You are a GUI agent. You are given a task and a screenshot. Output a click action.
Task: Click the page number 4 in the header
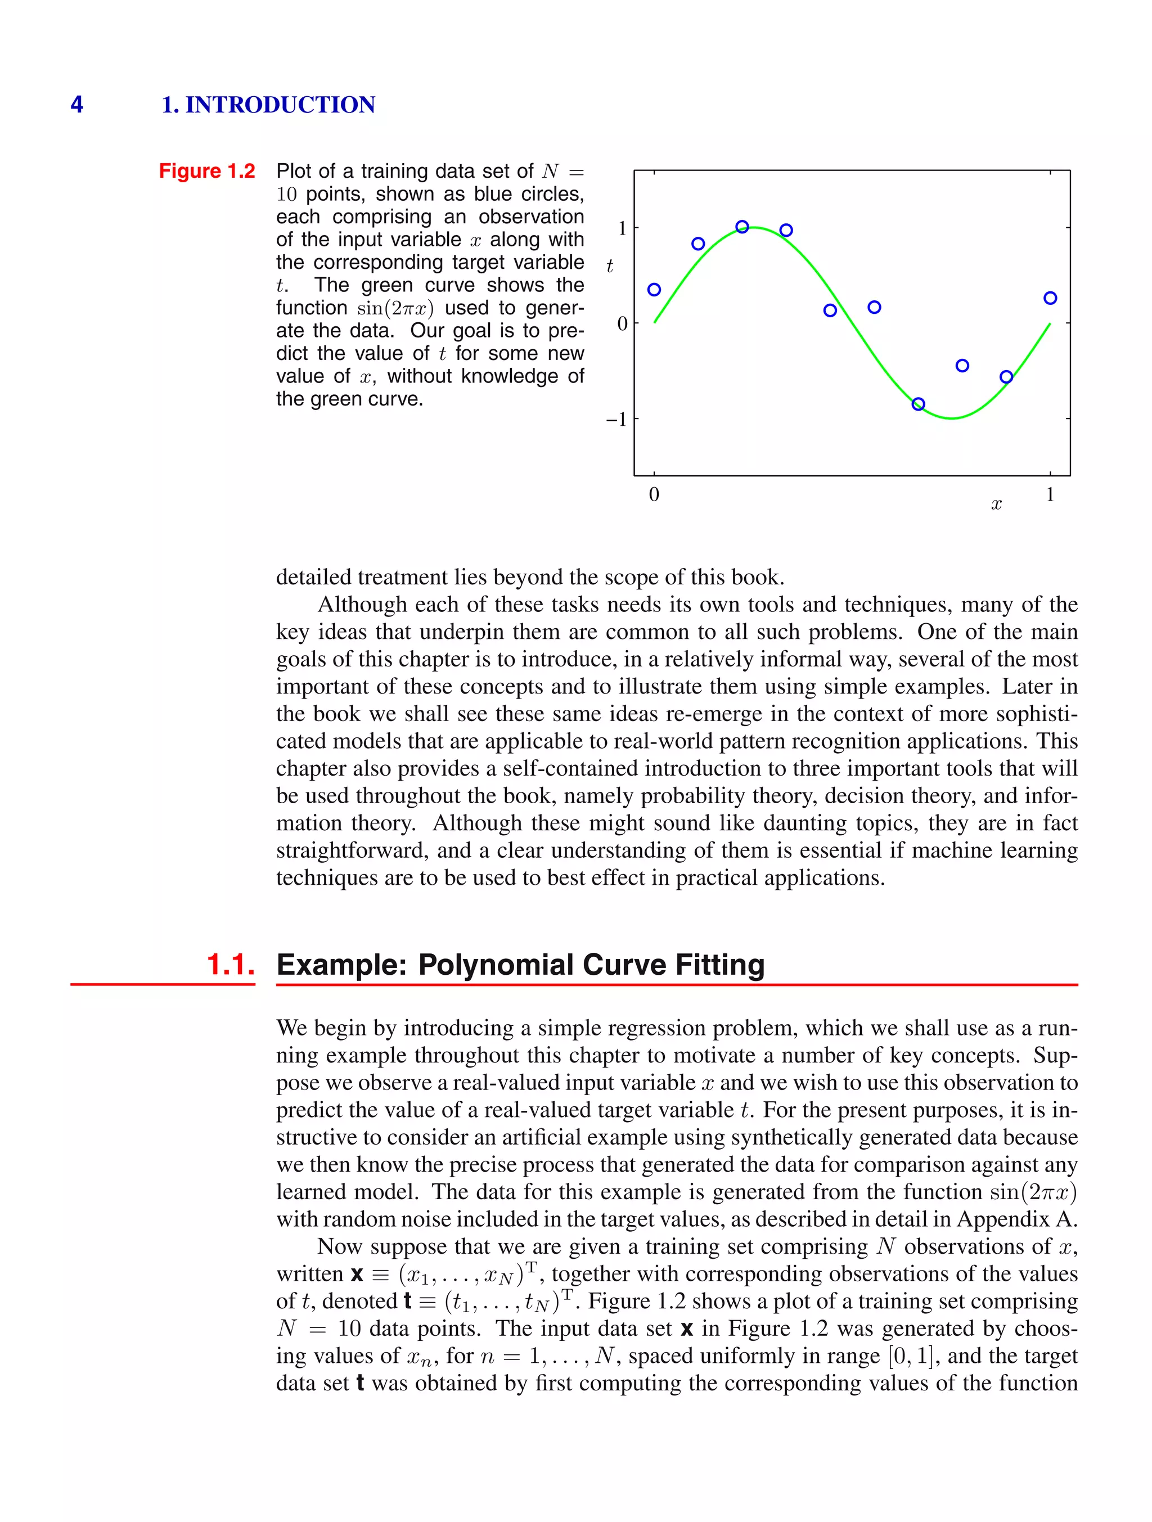(76, 105)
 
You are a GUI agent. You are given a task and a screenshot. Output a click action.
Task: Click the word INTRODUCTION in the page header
(280, 105)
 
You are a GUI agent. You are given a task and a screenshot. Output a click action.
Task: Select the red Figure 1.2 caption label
(206, 170)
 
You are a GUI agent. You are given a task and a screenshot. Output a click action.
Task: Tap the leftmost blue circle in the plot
(654, 290)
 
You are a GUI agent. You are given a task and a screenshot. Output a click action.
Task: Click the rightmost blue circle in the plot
(1050, 298)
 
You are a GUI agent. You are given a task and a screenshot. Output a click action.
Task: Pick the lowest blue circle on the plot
(918, 404)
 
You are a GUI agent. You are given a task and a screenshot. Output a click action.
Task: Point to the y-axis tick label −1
(616, 419)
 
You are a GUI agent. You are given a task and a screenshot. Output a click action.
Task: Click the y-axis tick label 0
(622, 323)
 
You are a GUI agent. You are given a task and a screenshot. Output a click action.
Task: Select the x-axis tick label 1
(1050, 494)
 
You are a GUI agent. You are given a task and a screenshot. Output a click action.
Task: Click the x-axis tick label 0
(654, 494)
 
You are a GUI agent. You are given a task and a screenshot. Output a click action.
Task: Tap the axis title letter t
(610, 266)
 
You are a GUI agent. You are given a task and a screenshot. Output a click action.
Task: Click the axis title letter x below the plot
(996, 505)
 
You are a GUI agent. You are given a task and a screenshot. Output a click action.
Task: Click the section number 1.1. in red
(231, 965)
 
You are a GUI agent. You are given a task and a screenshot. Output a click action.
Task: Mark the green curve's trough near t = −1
(952, 418)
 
